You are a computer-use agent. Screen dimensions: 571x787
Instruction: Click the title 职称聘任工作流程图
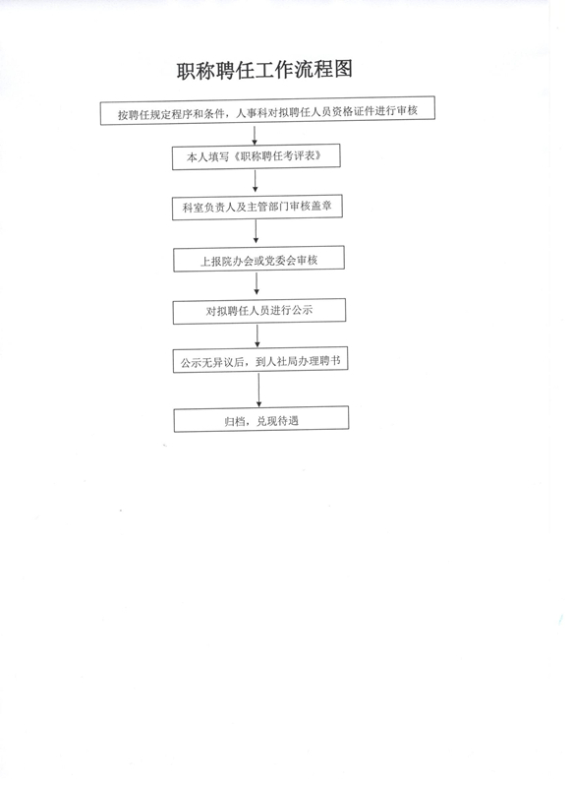pos(264,69)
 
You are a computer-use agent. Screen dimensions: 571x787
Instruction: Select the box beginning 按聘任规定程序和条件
pos(267,110)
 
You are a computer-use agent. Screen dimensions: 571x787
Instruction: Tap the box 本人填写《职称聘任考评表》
pos(257,156)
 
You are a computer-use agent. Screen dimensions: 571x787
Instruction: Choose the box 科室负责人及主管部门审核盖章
pos(257,207)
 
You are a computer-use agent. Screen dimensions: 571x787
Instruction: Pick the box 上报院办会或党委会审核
pos(258,259)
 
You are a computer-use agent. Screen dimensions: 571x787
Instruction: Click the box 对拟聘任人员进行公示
pos(259,311)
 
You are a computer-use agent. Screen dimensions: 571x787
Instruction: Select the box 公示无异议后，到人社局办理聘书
pos(260,360)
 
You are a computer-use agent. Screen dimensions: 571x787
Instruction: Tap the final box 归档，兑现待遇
pos(261,419)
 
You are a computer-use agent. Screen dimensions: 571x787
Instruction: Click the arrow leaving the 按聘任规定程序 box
pos(255,135)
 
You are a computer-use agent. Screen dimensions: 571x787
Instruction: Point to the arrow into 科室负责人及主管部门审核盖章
pos(256,181)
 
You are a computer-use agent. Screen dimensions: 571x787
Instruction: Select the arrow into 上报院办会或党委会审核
pos(256,232)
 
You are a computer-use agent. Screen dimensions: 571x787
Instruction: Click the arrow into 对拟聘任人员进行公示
pos(257,283)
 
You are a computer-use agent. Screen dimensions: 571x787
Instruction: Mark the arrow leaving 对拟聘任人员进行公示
pos(257,335)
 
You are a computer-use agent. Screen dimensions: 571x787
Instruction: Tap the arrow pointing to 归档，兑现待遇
pos(258,390)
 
